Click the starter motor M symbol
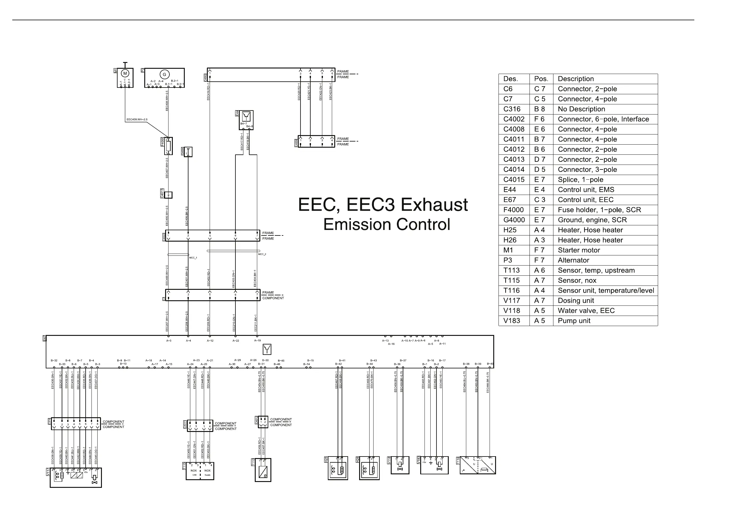pyautogui.click(x=125, y=74)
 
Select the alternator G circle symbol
pyautogui.click(x=164, y=75)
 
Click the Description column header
pyautogui.click(x=576, y=79)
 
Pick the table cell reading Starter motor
pyautogui.click(x=579, y=250)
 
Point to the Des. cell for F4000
pyautogui.click(x=513, y=210)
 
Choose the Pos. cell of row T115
pyautogui.click(x=539, y=281)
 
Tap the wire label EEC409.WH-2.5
pyautogui.click(x=137, y=120)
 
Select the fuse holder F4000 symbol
pyautogui.click(x=168, y=146)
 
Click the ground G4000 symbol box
pyautogui.click(x=188, y=152)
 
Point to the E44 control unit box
pyautogui.click(x=246, y=120)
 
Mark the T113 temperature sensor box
pyautogui.click(x=263, y=470)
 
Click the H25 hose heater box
pyautogui.click(x=338, y=468)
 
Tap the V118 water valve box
pyautogui.click(x=400, y=465)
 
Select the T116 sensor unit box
pyautogui.click(x=478, y=465)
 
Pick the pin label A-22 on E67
pyautogui.click(x=235, y=341)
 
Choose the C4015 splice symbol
pyautogui.click(x=168, y=195)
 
